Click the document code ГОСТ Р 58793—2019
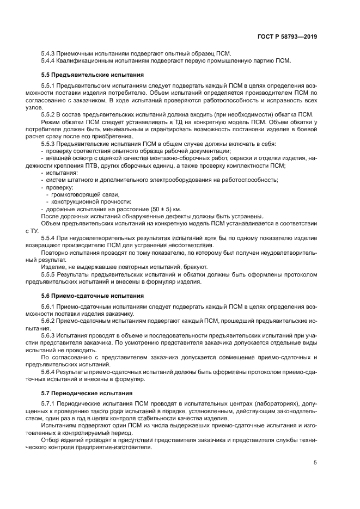pyautogui.click(x=286, y=36)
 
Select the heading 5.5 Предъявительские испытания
pyautogui.click(x=93, y=74)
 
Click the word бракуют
pyautogui.click(x=193, y=267)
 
